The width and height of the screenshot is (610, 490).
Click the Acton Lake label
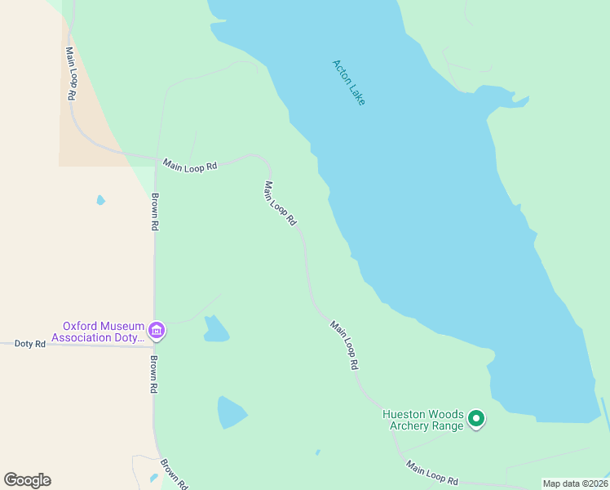[x=349, y=82]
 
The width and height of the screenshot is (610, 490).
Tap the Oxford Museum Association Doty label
[x=98, y=331]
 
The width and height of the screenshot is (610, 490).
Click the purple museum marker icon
[x=157, y=331]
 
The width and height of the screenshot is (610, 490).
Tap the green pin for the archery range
[x=476, y=420]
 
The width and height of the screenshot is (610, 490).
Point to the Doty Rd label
[x=30, y=344]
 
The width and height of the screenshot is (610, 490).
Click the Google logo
[x=27, y=480]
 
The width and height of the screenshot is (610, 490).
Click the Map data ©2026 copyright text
[x=575, y=483]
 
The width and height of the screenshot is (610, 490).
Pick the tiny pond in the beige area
[x=100, y=200]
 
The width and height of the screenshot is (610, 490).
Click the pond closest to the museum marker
[x=216, y=329]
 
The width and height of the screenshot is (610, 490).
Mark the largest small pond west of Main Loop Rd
[x=231, y=412]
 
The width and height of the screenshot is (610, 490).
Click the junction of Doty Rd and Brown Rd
[x=154, y=346]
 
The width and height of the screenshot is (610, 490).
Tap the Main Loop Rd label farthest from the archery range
[x=71, y=73]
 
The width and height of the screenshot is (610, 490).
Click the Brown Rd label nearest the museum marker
[x=153, y=375]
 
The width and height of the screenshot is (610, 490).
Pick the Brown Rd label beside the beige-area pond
[x=154, y=212]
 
